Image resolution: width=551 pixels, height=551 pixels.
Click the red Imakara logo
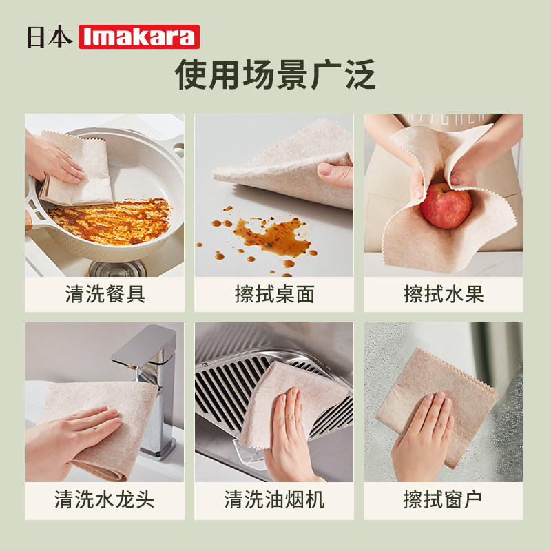tap(139, 37)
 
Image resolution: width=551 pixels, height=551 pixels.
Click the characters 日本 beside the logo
tap(50, 37)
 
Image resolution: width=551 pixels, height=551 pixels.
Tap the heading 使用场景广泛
tap(275, 74)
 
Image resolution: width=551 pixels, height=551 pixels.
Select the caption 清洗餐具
tap(105, 295)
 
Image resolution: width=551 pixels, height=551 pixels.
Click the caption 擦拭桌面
tap(274, 295)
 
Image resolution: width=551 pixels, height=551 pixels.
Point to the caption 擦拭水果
tap(444, 295)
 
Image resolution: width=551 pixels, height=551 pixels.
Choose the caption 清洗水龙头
tap(105, 499)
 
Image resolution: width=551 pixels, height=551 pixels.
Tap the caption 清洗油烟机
tap(274, 499)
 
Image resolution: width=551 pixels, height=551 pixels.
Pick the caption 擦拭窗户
tap(444, 499)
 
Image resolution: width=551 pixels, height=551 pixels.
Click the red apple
tap(446, 205)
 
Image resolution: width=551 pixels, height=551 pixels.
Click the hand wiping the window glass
tap(422, 430)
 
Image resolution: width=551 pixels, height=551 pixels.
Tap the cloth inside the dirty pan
tap(79, 172)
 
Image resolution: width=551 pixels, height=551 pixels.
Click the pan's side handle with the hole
tap(177, 148)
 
